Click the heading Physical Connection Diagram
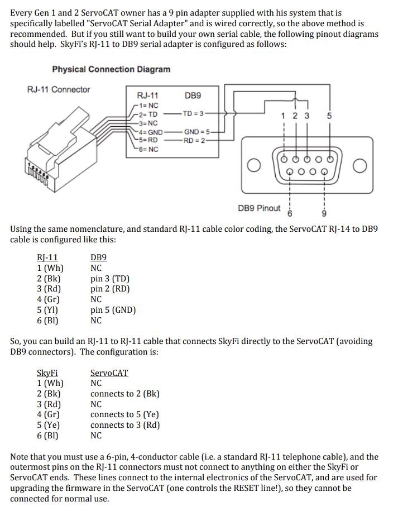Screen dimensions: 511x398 point(111,69)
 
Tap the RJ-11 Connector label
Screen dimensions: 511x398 point(59,89)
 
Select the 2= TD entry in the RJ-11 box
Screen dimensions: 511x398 point(148,114)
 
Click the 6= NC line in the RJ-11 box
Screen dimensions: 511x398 point(148,149)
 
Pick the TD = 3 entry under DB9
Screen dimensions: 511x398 point(195,114)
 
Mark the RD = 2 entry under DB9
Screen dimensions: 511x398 point(195,140)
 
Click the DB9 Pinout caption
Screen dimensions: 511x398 point(259,208)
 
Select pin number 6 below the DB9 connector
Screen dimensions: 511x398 point(290,213)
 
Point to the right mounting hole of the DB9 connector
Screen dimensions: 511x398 point(360,166)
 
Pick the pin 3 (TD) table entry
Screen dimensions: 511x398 point(110,279)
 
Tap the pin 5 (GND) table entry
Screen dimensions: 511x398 point(113,310)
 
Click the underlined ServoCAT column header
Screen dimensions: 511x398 point(109,372)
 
